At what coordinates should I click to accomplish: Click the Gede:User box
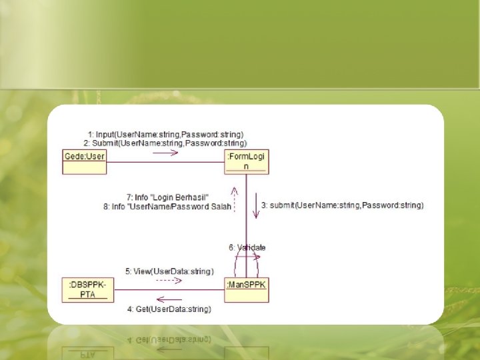[x=85, y=162]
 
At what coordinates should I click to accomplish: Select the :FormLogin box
[x=247, y=161]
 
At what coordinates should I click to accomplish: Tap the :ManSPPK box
[x=247, y=290]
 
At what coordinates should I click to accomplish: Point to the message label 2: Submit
[x=165, y=143]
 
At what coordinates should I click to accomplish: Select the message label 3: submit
[x=342, y=205]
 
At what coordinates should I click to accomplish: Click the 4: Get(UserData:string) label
[x=169, y=309]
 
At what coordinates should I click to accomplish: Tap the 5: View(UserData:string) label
[x=169, y=271]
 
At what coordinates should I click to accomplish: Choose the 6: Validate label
[x=247, y=247]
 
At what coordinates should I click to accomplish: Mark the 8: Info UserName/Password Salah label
[x=167, y=207]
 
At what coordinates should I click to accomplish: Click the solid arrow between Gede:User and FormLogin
[x=165, y=153]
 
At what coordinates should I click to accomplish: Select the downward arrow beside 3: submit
[x=255, y=206]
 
